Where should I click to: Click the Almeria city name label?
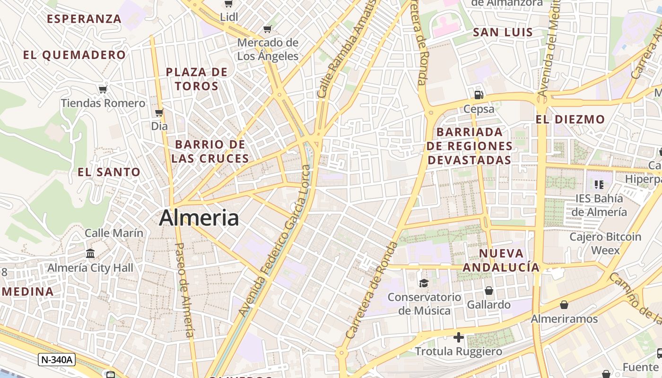click(199, 218)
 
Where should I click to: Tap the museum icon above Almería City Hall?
click(90, 254)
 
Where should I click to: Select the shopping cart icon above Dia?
click(159, 112)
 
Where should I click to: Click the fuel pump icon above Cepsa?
click(479, 94)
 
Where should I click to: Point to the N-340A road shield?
click(57, 360)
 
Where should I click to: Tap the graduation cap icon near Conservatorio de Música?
click(423, 283)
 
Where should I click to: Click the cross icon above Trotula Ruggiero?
click(458, 337)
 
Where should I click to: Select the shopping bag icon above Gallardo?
click(488, 290)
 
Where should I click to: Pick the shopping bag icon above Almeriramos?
click(564, 305)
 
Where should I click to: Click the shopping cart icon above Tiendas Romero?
click(103, 89)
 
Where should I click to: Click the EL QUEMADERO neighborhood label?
click(74, 55)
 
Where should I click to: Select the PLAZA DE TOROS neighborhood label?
click(197, 79)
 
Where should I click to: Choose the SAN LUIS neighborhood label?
click(503, 33)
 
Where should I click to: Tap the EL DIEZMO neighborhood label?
click(570, 120)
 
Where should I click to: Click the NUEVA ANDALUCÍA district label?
click(501, 260)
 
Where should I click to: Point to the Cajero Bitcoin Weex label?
click(605, 243)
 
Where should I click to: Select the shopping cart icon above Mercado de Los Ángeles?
click(268, 29)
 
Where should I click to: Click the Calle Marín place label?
click(113, 232)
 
